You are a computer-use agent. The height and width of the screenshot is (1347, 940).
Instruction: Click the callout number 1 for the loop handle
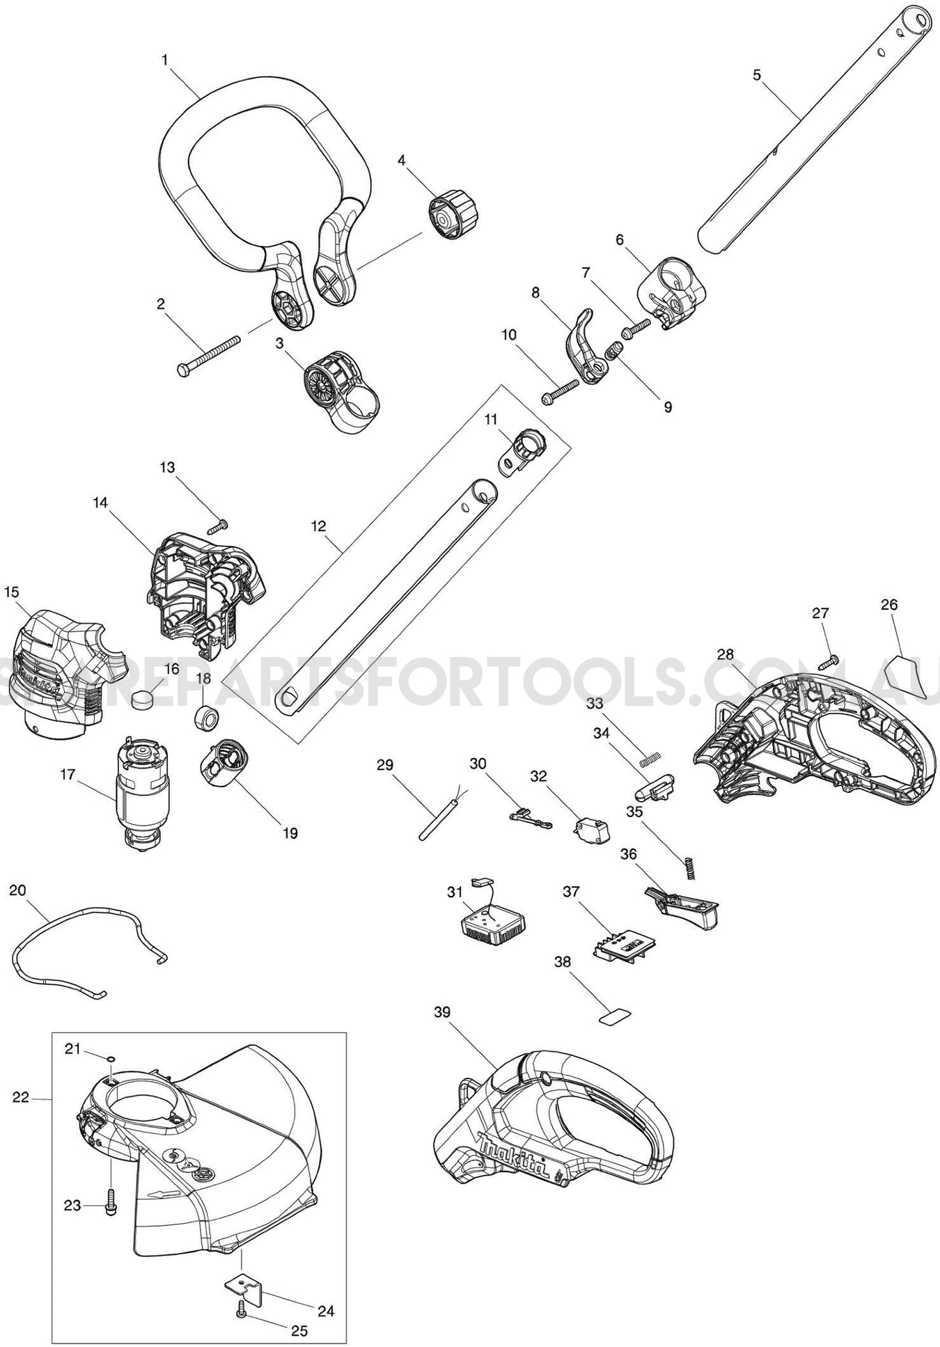[165, 61]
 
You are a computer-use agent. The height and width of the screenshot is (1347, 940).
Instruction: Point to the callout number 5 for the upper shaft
[757, 74]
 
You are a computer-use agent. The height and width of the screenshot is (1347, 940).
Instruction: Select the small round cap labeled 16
[143, 698]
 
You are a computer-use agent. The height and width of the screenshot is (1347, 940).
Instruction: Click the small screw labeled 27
[829, 661]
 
